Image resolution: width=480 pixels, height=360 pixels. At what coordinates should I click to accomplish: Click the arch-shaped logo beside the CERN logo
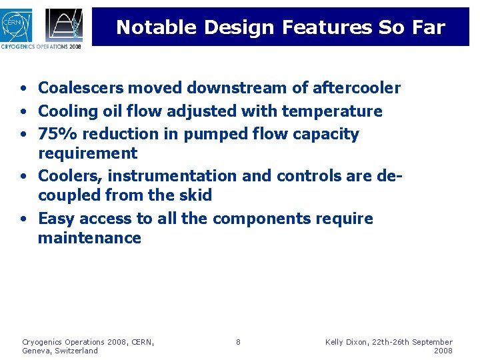(64, 25)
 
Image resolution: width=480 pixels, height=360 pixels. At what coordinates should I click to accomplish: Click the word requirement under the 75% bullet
(87, 153)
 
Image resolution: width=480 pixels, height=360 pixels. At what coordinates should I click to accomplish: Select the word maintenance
(89, 238)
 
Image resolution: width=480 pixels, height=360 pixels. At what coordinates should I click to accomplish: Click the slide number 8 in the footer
(238, 342)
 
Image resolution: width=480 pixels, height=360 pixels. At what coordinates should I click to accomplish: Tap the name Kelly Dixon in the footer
(350, 342)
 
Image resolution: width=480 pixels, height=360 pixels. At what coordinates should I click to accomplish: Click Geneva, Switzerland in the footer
(60, 351)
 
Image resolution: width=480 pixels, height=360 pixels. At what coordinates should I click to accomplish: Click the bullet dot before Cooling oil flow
(23, 111)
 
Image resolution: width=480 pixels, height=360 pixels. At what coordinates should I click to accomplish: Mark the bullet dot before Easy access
(23, 219)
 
